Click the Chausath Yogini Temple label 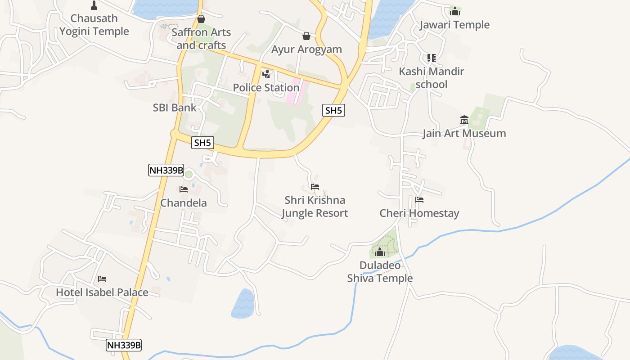(94, 25)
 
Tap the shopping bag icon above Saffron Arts (201, 19)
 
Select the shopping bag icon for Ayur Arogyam (306, 36)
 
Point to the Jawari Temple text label (454, 25)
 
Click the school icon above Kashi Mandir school (431, 58)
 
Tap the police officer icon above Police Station (266, 74)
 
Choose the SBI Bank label (175, 108)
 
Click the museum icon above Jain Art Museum (464, 120)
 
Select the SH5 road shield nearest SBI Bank (202, 143)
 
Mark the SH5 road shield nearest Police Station (333, 110)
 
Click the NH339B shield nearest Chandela (166, 170)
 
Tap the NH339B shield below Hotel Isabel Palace (124, 345)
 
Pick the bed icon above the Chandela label (184, 189)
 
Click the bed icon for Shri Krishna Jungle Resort (315, 186)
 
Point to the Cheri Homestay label (419, 213)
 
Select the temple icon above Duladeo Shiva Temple (380, 252)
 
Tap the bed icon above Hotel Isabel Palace (102, 279)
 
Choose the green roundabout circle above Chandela (189, 174)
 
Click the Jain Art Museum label (464, 133)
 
